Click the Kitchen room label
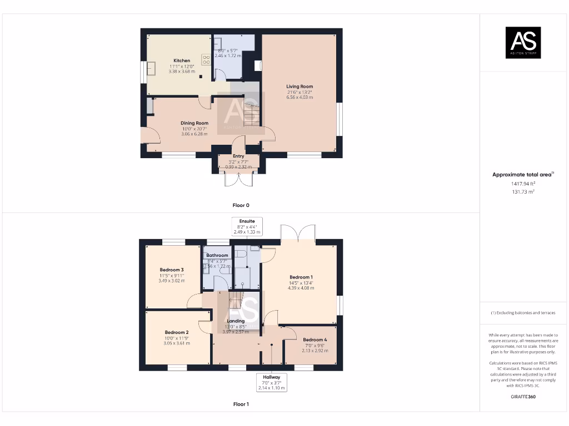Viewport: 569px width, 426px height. tap(182, 60)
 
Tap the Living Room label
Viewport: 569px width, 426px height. tap(300, 87)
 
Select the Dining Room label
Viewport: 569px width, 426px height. tap(194, 123)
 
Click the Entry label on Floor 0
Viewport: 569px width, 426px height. tap(238, 156)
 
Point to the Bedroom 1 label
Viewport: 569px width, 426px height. tap(301, 277)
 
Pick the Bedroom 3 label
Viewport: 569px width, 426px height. tap(171, 270)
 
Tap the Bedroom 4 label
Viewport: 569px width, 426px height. tap(315, 340)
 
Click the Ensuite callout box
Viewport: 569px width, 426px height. tap(247, 226)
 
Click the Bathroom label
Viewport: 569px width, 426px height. tap(217, 256)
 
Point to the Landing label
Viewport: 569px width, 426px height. tap(236, 321)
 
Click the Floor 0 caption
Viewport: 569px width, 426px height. tap(241, 205)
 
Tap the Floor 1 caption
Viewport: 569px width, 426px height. tap(241, 404)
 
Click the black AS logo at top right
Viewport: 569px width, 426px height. tap(523, 43)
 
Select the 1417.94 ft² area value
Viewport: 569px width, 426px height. tap(523, 183)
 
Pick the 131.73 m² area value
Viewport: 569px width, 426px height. tap(523, 191)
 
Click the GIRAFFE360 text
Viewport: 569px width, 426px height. tap(523, 397)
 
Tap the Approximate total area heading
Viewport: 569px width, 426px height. tap(522, 175)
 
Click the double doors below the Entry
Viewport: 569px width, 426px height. tap(238, 179)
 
